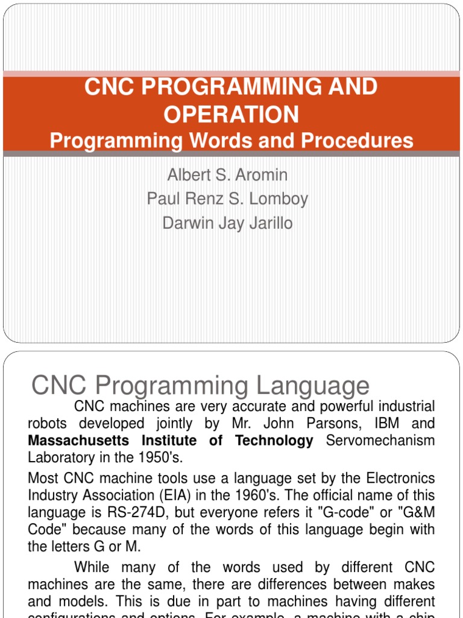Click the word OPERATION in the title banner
[x=231, y=114]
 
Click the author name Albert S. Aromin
[x=227, y=175]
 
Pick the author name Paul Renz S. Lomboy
[x=227, y=199]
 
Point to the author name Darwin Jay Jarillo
[x=227, y=223]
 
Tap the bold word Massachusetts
[x=78, y=441]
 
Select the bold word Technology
[x=274, y=441]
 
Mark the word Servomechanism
[x=380, y=441]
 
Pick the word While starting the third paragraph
[x=95, y=567]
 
